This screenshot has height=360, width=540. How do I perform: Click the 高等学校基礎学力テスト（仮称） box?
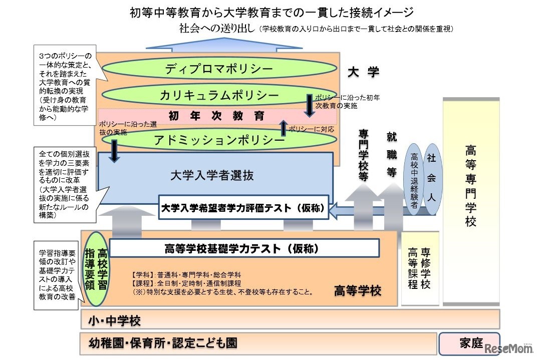[244, 248]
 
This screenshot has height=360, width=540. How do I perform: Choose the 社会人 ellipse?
[431, 178]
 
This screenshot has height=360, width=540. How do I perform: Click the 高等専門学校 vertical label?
[470, 186]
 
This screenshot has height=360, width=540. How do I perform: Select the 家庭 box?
[470, 343]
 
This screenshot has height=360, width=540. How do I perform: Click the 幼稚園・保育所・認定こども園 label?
[163, 343]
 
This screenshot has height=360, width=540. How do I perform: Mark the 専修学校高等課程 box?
[420, 268]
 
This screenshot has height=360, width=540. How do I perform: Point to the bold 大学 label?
[363, 72]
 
